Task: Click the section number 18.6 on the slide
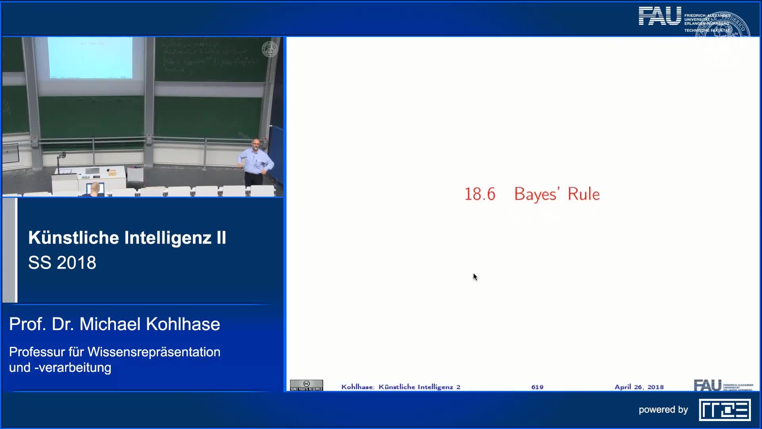pyautogui.click(x=480, y=194)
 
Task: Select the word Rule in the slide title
pyautogui.click(x=583, y=194)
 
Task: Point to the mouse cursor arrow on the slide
pyautogui.click(x=475, y=277)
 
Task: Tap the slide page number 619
pyautogui.click(x=537, y=387)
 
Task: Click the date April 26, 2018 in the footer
pyautogui.click(x=639, y=387)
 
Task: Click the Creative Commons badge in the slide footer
pyautogui.click(x=306, y=385)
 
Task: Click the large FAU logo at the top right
pyautogui.click(x=660, y=17)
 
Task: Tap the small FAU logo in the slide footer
pyautogui.click(x=708, y=385)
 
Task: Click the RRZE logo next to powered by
pyautogui.click(x=725, y=410)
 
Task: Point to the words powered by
pyautogui.click(x=663, y=410)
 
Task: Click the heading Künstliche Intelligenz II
pyautogui.click(x=127, y=238)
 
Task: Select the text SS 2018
pyautogui.click(x=62, y=263)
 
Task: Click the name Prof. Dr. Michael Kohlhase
pyautogui.click(x=114, y=324)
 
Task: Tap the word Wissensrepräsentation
pyautogui.click(x=154, y=352)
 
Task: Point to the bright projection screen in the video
pyautogui.click(x=90, y=58)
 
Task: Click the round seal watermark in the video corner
pyautogui.click(x=270, y=49)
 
